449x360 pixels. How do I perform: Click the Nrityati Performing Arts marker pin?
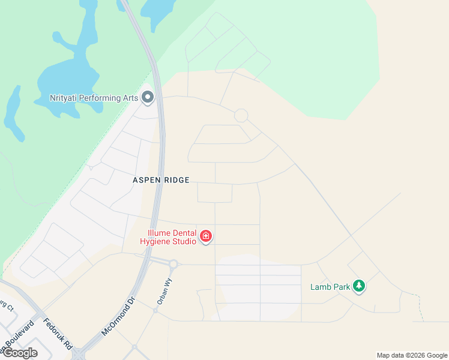(148, 97)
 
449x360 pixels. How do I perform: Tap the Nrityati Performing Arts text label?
(94, 98)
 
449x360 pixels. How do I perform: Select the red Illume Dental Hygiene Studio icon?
(206, 237)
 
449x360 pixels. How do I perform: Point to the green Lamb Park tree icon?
(359, 286)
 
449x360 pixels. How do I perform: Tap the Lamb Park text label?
(330, 287)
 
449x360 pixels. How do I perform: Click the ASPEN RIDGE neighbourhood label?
(161, 180)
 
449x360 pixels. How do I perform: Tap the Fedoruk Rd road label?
(58, 334)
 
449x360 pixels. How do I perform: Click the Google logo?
(19, 353)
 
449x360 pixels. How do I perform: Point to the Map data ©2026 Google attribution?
(412, 355)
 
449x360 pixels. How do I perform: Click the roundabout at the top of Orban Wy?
(173, 264)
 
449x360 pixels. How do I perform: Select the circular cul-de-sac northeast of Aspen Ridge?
(241, 116)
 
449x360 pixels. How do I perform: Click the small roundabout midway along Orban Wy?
(155, 310)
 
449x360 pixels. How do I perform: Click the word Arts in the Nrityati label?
(130, 98)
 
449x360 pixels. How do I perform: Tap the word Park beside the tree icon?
(341, 287)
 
